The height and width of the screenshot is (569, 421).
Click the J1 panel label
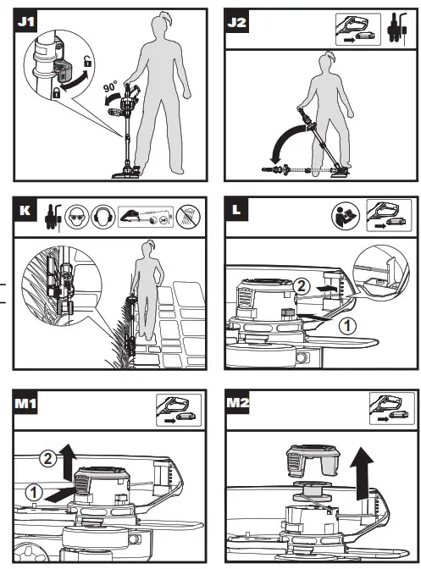coord(26,21)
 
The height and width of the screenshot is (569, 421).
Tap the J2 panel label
coord(236,22)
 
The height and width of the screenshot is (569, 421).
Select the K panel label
coord(25,210)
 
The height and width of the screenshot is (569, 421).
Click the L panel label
coord(236,209)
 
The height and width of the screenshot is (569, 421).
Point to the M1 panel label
coord(25,402)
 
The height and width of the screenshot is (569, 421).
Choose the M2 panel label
coord(238,402)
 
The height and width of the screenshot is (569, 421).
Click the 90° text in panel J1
coord(110,87)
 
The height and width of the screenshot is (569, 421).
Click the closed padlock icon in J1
coord(56,92)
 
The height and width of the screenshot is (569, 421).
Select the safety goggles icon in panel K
coord(76,217)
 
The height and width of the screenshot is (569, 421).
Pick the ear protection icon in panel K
coord(103,217)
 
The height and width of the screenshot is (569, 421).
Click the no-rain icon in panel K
coord(188,217)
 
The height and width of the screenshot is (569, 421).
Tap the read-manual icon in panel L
coord(346,216)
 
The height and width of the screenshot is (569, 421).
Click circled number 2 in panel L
coord(301,287)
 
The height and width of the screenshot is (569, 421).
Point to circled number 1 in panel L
coord(347,325)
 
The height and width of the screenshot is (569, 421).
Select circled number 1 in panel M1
coord(33,493)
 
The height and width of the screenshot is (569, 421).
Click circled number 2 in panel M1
coord(47,459)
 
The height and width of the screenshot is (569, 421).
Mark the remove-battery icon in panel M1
coord(179,410)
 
